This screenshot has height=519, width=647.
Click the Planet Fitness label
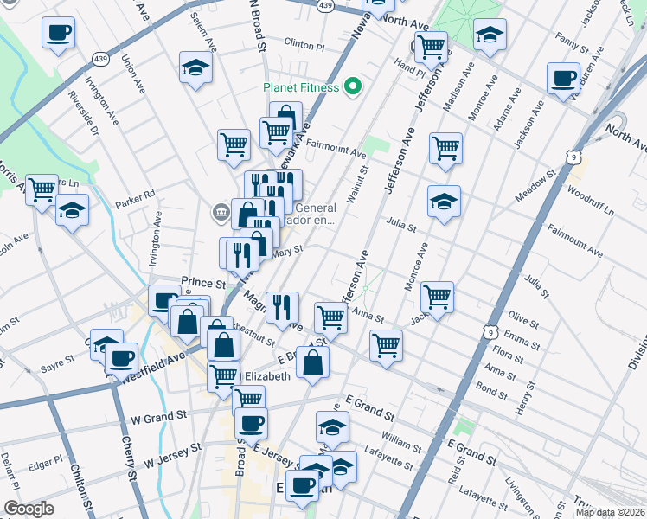coord(302,86)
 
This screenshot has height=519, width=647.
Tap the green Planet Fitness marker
coord(352,86)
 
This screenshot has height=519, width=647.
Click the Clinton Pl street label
coord(304,43)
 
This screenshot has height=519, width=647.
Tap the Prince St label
coord(203,283)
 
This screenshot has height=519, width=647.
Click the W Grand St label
coord(154,419)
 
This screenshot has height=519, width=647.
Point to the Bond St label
coord(491,392)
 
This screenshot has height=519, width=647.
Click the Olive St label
coord(524,318)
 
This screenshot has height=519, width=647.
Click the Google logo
coord(29,509)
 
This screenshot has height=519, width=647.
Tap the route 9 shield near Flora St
coord(490,333)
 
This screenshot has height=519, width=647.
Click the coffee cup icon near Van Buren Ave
coord(563,79)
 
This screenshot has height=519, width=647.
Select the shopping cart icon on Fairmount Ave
coord(445,148)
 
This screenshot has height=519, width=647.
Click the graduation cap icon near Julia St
coord(444,202)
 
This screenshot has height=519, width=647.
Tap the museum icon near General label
coord(220,210)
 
